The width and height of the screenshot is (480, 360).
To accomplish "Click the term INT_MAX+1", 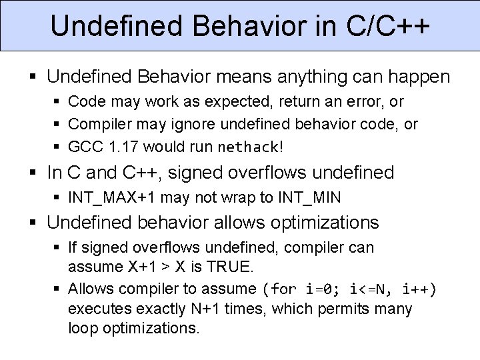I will [105, 198].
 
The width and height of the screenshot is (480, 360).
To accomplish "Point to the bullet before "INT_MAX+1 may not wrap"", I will [57, 199].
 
